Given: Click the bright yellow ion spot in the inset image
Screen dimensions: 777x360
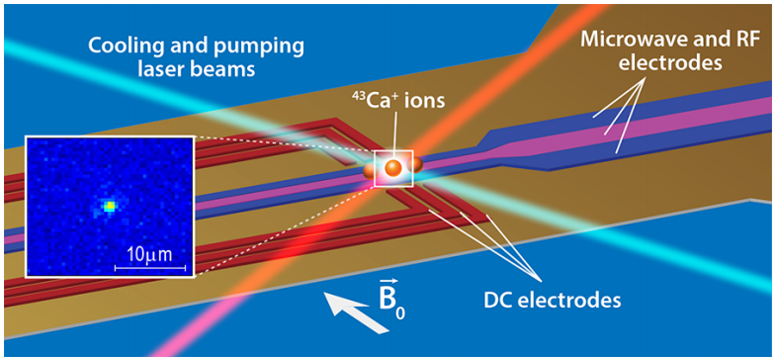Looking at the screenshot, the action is (109, 206).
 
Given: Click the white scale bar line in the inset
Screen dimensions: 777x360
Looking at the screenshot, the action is (150, 268).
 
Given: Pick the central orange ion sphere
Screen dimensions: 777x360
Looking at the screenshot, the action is (394, 167).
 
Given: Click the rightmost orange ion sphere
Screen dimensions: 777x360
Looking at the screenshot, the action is (415, 165).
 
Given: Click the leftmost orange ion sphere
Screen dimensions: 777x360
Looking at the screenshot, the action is (370, 171).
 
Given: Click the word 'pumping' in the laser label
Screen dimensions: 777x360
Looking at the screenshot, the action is (268, 49).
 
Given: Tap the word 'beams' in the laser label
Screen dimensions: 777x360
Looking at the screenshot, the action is (227, 68).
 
